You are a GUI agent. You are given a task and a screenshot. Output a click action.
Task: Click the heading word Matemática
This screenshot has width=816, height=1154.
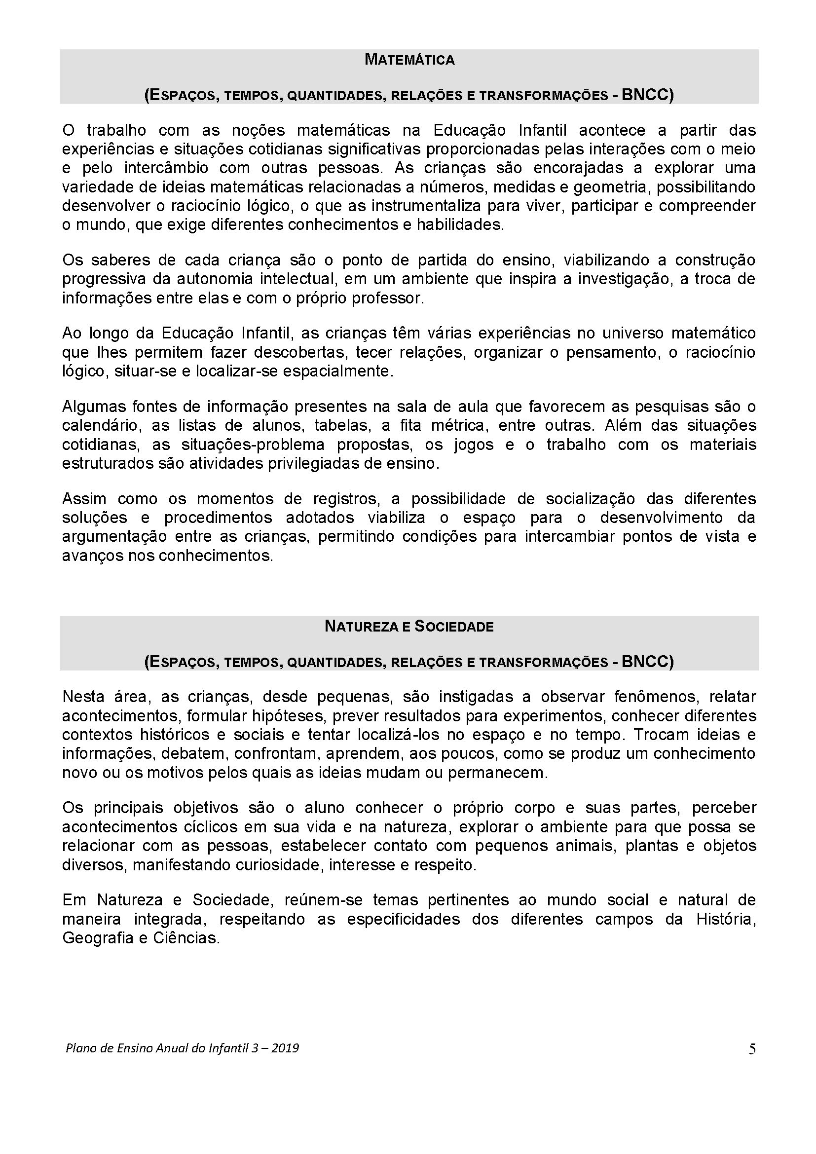409,60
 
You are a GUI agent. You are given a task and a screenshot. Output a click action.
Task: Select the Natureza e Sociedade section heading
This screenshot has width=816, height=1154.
409,626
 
